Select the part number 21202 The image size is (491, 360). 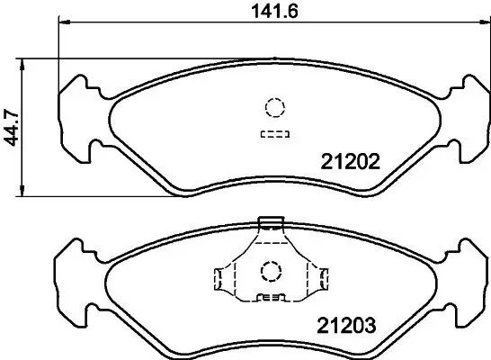pos(352,162)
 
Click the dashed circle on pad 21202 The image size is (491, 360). pos(274,107)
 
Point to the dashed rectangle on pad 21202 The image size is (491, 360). pos(274,135)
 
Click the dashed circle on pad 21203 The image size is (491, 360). pos(270,270)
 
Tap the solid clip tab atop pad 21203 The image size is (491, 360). pos(270,221)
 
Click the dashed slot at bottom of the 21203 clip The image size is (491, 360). pos(270,298)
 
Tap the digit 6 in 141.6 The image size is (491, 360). pos(291,12)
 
